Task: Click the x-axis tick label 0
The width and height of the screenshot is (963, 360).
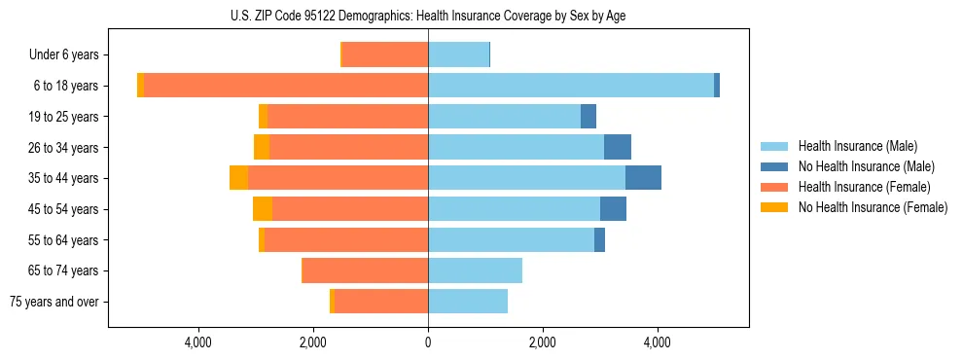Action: click(x=428, y=342)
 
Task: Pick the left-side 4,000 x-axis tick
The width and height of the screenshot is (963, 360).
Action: click(x=198, y=342)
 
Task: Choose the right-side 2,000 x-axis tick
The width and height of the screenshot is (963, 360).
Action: click(x=542, y=342)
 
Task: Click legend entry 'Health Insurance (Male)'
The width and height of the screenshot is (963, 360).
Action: click(x=857, y=146)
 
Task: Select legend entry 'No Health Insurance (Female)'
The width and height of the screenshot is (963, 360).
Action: click(x=873, y=207)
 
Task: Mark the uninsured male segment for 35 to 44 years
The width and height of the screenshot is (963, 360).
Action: click(x=643, y=178)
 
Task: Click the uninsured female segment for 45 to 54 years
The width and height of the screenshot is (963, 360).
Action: click(x=263, y=209)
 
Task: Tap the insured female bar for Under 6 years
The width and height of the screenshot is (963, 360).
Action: click(x=385, y=54)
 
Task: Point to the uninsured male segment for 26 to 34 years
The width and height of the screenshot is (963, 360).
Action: click(x=618, y=147)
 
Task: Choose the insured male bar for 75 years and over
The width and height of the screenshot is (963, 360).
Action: click(x=468, y=302)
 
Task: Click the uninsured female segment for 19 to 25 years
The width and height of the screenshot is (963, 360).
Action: click(x=263, y=117)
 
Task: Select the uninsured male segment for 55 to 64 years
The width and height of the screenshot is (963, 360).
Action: click(x=599, y=239)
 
